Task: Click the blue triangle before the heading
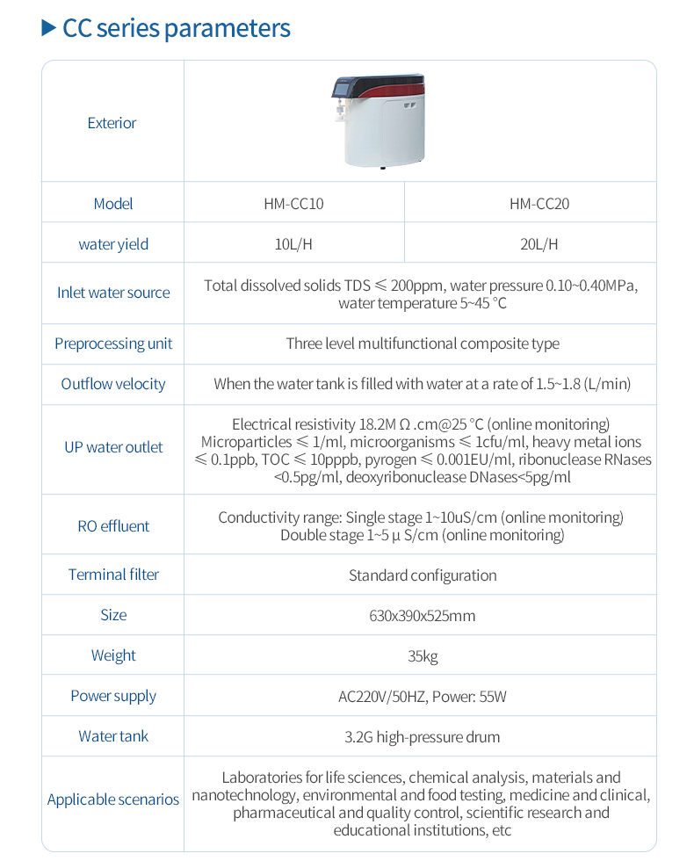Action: coord(48,28)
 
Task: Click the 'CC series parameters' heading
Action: coord(176,28)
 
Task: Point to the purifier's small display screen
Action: coord(344,89)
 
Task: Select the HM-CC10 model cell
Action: coord(293,203)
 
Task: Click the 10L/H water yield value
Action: coord(293,243)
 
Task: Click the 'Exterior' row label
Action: coord(112,123)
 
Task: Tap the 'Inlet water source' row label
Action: coord(113,293)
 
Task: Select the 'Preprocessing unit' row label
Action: coord(113,344)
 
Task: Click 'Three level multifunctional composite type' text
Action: coord(423,344)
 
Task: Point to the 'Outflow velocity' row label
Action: coord(113,384)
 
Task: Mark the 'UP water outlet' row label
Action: coord(113,447)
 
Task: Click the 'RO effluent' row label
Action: coord(113,526)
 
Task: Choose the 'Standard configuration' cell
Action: coord(423,575)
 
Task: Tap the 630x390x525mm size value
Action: coord(423,616)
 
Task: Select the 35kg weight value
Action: coord(423,656)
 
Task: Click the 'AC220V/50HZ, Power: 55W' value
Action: coord(423,697)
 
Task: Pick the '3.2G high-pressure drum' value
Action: coord(423,737)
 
